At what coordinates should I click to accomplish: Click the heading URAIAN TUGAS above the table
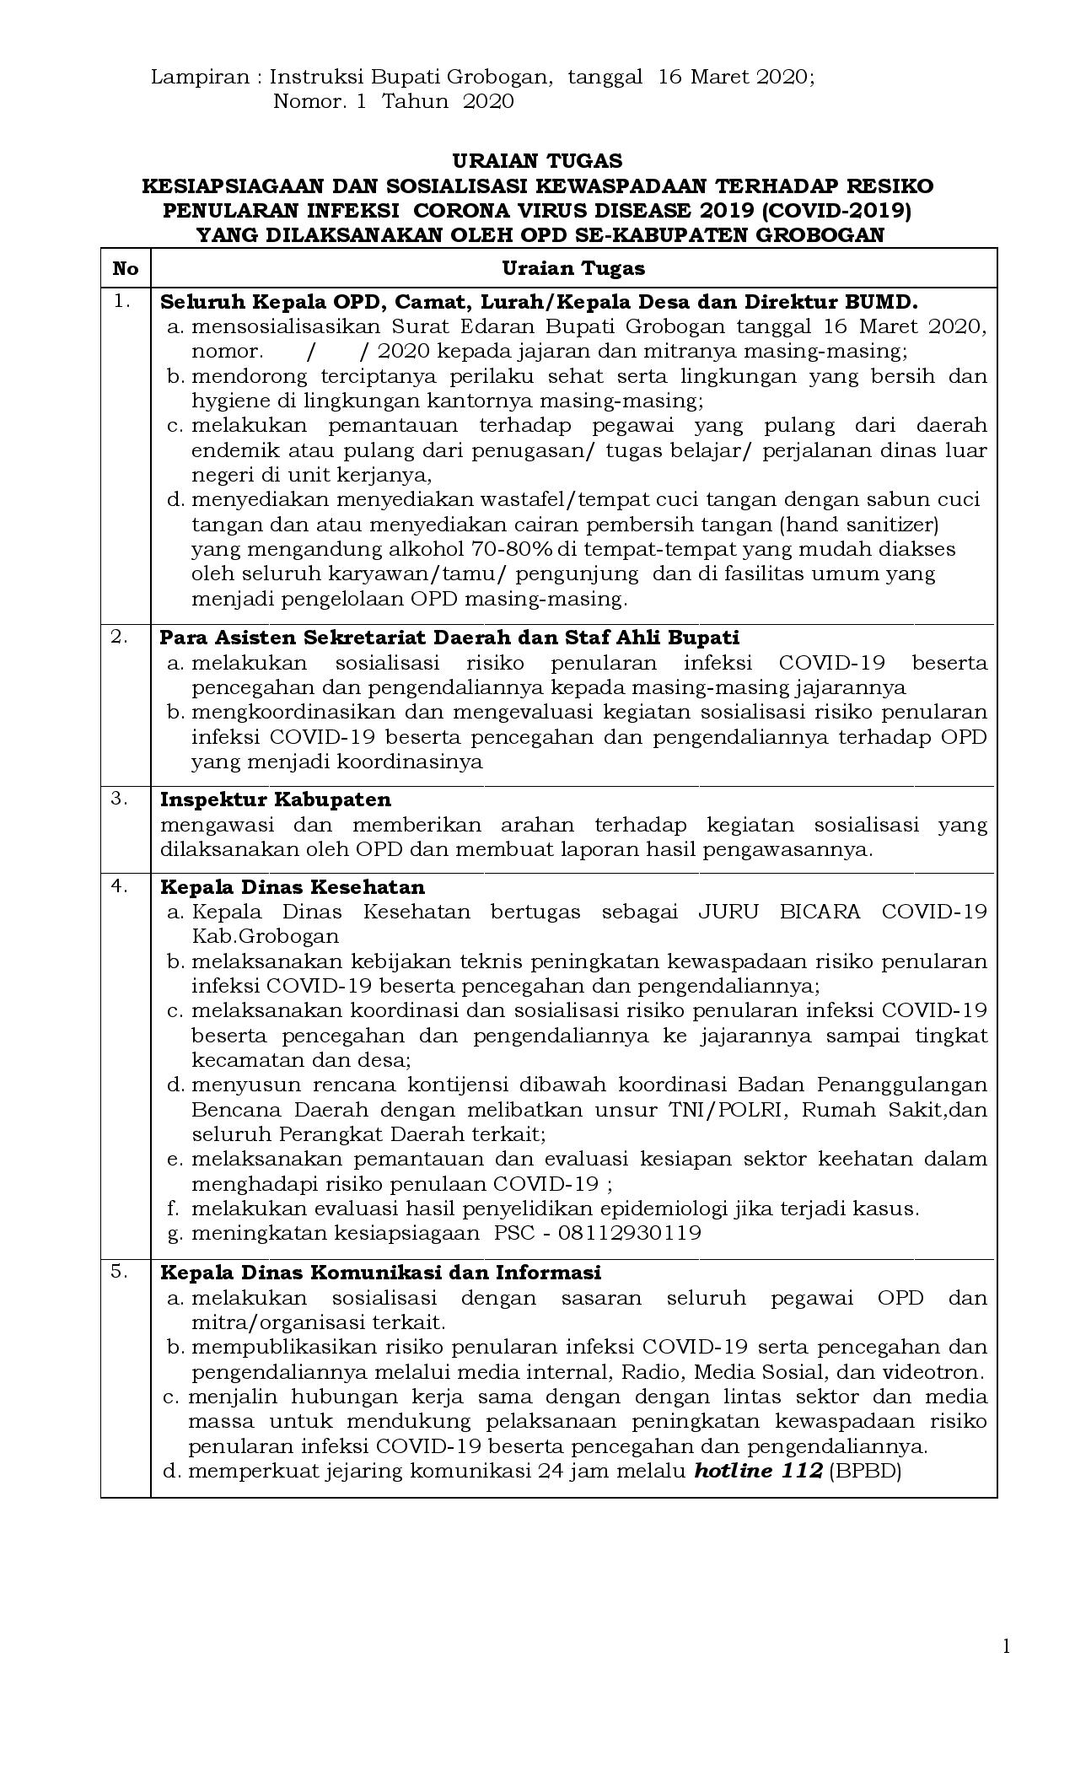coord(537,160)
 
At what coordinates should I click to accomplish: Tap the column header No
coord(125,268)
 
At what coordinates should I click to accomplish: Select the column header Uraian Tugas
coord(573,268)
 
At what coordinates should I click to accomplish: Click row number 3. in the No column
coord(119,798)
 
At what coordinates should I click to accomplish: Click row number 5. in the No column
coord(119,1272)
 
